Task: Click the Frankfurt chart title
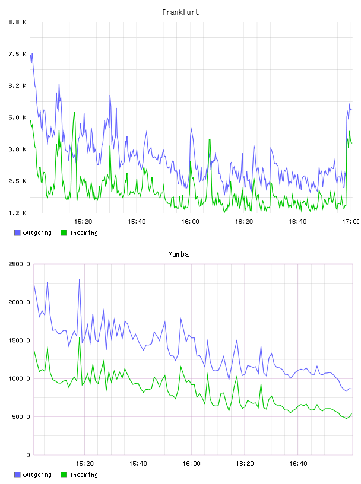point(180,12)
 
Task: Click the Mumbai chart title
point(180,254)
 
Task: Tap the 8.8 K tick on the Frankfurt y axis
point(17,22)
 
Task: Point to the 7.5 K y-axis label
point(17,54)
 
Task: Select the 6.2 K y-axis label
point(17,85)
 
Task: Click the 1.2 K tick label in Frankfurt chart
point(17,213)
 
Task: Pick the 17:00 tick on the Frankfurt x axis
point(351,221)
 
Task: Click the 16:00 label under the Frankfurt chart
point(190,221)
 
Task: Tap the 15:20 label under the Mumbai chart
point(84,463)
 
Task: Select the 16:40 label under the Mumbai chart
point(298,463)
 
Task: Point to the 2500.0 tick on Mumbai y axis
point(19,264)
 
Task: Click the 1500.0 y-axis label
point(19,340)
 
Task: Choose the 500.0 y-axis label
point(21,417)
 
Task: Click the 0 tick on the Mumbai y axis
point(28,455)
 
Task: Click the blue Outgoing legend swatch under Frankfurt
point(17,233)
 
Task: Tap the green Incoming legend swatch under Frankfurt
point(64,233)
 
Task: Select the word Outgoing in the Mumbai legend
point(37,475)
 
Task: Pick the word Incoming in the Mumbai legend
point(84,475)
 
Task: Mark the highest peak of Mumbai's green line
point(80,338)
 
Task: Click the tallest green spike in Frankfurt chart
point(74,112)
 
